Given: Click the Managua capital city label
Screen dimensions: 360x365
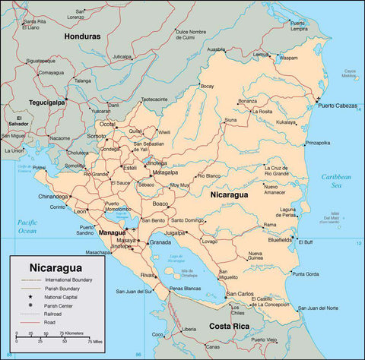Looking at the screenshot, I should pos(112,232).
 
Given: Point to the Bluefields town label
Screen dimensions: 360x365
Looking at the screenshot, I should pos(280,238).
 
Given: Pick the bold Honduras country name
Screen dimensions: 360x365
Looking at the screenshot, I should pos(82,36).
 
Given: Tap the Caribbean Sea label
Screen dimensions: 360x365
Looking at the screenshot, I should pos(335,180).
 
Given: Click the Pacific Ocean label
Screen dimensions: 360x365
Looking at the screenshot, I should pos(27,225).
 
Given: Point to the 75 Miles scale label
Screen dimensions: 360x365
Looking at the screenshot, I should pos(94,342).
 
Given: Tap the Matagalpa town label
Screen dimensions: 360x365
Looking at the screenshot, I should pos(165,172).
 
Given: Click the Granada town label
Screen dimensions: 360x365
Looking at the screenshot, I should pos(160,242).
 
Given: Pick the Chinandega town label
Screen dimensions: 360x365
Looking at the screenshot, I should pos(52,196).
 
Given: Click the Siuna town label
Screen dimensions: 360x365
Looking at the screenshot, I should pos(230,120).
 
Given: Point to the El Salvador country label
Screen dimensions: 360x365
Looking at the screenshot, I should pos(19,122).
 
